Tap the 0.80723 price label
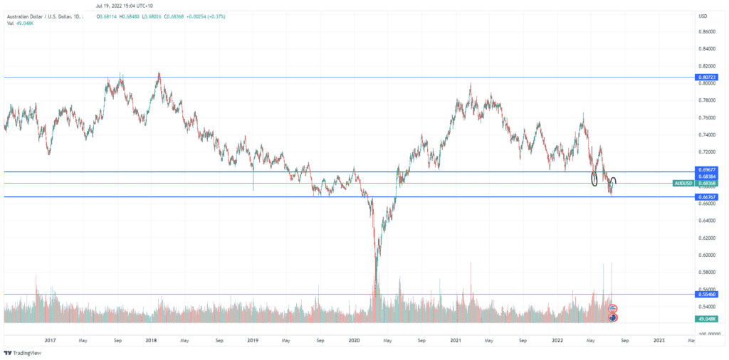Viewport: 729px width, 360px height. tap(707, 77)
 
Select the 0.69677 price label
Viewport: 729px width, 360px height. tap(707, 171)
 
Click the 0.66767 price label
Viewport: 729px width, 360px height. tap(707, 197)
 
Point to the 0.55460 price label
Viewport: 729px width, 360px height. tap(707, 294)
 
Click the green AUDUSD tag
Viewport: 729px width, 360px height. tap(684, 183)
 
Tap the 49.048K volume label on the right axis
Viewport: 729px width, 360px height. tap(707, 319)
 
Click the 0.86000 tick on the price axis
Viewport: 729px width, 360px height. tap(707, 32)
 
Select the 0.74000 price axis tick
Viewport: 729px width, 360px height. tap(707, 134)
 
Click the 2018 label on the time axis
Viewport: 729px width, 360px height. tap(151, 341)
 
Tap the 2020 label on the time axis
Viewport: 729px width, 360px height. tap(355, 341)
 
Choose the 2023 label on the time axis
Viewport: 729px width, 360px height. tap(659, 341)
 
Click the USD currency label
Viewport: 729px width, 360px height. tap(703, 16)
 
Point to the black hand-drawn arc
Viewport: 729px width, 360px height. tap(612, 180)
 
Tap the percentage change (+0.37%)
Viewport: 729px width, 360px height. tap(234, 16)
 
